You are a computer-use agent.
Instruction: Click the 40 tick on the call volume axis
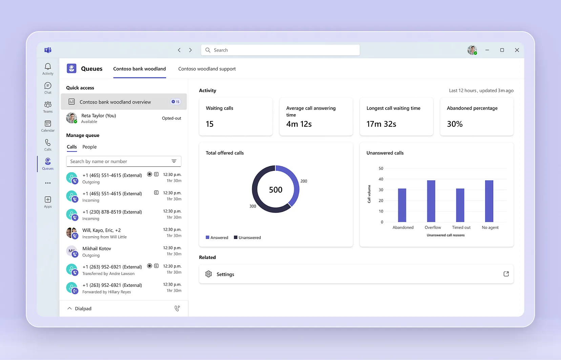tap(381, 179)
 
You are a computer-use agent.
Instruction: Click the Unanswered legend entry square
tap(235, 237)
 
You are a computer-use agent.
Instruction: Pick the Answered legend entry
tap(217, 238)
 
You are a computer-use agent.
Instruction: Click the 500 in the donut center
tap(275, 190)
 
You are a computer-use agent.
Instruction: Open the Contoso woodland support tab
tap(207, 69)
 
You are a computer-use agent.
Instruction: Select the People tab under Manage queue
tap(89, 147)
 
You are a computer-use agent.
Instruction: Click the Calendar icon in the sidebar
tap(48, 124)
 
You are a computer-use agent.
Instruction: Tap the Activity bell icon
tap(48, 66)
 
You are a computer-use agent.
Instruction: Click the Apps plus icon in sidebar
tap(48, 200)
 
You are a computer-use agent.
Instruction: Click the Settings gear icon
tap(209, 274)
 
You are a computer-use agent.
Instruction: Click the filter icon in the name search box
tap(174, 161)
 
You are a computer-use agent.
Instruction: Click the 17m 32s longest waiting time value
tap(381, 124)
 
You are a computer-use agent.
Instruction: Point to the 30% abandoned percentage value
tap(455, 124)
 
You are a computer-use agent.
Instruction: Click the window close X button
tap(517, 50)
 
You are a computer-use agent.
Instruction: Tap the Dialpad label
tap(83, 308)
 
